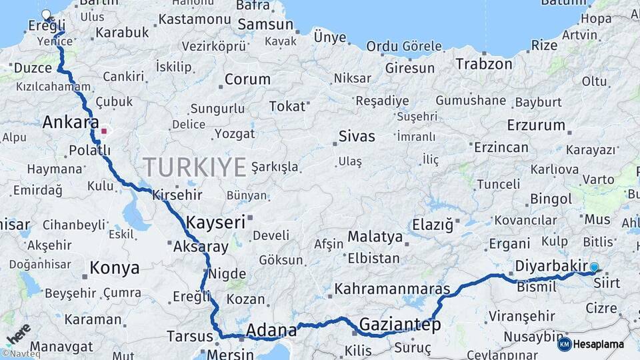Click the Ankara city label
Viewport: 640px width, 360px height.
coord(66,122)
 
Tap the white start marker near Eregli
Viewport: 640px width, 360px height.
coord(46,15)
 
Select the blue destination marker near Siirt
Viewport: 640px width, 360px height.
coord(594,267)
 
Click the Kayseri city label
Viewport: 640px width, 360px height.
coord(215,223)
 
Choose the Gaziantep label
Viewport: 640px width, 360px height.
coord(400,325)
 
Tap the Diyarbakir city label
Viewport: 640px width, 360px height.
coord(551,266)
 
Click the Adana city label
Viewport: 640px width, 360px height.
coord(271,329)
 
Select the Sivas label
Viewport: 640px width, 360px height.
coord(357,137)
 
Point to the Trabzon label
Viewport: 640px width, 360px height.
coord(484,64)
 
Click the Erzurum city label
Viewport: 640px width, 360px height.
coord(536,125)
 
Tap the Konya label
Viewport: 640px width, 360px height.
coord(114,268)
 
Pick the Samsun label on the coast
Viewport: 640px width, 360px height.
coord(265,25)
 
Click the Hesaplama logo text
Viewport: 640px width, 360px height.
coord(599,344)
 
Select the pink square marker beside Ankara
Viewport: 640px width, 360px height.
coord(103,131)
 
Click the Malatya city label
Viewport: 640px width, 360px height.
coord(375,237)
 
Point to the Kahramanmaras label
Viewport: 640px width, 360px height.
coord(392,289)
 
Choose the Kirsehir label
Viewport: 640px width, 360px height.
coord(177,195)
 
